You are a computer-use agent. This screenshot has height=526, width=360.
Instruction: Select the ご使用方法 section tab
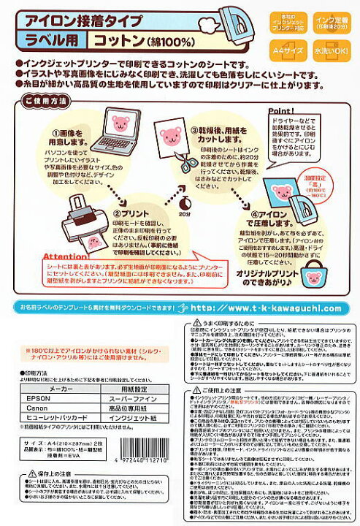42,100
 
